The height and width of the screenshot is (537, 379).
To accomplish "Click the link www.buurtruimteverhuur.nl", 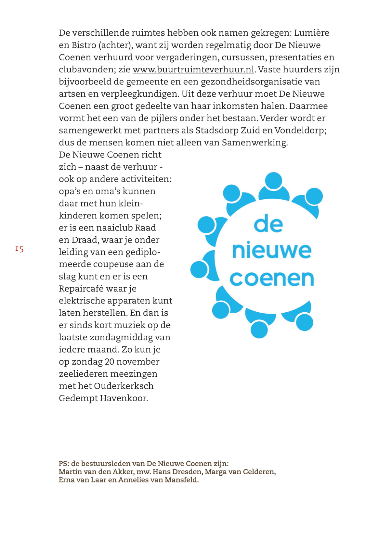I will click(193, 69).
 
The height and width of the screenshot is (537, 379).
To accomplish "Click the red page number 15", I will click(19, 249).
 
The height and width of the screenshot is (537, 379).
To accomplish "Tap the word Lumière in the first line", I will click(311, 33).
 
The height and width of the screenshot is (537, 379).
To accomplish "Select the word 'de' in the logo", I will click(268, 224).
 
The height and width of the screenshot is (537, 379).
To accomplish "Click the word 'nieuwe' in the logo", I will click(272, 250).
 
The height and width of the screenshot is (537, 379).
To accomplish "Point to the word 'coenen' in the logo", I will click(272, 279).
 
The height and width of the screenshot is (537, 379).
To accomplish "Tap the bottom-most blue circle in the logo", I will click(259, 329).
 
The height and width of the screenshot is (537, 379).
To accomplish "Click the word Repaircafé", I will click(81, 289).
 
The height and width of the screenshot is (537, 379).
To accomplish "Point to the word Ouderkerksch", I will click(124, 386).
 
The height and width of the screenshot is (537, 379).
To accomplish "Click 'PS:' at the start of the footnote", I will click(64, 464).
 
